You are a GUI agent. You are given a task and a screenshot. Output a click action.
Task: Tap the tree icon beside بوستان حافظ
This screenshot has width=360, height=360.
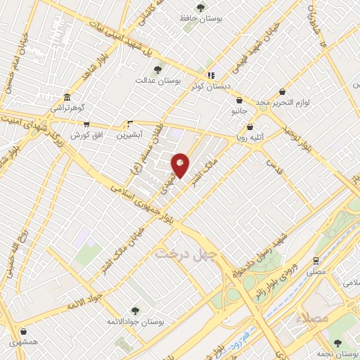201,8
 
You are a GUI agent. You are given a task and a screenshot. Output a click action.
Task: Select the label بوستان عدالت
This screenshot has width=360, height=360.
158,81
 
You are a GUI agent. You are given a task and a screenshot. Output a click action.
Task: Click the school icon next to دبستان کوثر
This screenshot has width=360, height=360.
210,75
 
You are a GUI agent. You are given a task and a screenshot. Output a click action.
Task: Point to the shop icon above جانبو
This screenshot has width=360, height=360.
240,101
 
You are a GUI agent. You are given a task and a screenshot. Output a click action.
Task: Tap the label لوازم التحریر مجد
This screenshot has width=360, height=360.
282,103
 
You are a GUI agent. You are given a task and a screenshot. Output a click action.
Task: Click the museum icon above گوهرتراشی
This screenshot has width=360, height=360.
67,98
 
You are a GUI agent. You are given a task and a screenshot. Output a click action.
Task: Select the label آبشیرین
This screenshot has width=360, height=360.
129,134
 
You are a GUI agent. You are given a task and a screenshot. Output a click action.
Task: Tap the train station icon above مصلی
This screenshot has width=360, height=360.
316,260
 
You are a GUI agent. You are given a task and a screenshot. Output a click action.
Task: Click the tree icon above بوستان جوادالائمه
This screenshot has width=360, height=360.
135,309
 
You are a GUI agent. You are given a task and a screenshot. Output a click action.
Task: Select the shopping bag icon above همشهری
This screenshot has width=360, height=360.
25,330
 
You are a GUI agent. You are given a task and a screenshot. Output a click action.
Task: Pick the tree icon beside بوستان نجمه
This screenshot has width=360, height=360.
337,342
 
